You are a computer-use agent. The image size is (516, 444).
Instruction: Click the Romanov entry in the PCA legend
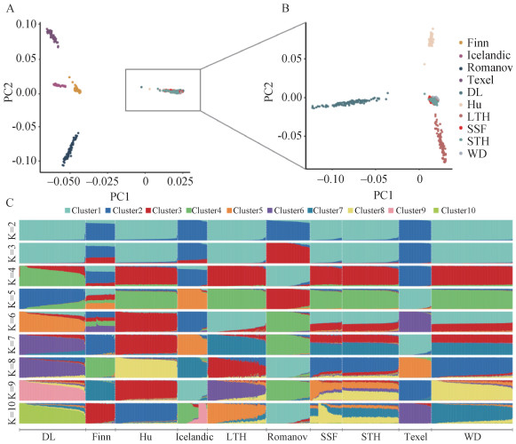486,67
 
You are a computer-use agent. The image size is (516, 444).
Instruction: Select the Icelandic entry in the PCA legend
485,55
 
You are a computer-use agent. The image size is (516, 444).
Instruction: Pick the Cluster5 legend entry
244,210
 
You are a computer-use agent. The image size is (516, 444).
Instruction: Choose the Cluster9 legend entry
407,210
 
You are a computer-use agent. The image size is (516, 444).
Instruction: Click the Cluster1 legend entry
83,210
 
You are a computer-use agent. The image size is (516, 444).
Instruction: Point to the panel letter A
10,8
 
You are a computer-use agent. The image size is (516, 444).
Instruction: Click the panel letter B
285,8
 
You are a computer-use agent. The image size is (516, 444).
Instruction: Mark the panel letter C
10,202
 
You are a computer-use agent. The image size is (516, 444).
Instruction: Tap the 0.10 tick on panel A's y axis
26,24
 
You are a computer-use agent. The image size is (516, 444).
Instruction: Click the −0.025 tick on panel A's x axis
103,181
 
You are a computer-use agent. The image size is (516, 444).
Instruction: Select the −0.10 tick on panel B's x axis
330,179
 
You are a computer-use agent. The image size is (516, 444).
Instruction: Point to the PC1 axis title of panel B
383,195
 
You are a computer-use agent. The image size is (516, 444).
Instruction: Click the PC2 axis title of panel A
9,92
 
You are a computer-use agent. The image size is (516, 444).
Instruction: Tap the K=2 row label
12,230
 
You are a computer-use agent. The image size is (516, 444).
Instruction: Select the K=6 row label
12,321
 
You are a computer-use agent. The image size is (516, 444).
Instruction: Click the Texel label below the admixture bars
416,437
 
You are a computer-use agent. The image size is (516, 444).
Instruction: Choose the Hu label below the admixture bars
146,437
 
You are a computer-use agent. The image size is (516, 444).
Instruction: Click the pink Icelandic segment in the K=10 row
202,412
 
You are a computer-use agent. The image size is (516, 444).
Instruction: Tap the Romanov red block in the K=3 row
287,253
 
